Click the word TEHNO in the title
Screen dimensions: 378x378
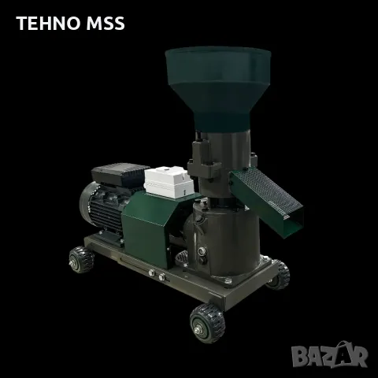tap(48, 23)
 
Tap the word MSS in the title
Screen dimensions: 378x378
tap(106, 23)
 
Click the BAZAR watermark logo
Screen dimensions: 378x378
tap(330, 355)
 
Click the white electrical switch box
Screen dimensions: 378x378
tap(169, 182)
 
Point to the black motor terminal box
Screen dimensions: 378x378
tap(120, 174)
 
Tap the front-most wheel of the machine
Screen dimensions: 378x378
tap(207, 324)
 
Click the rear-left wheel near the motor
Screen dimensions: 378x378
tap(81, 260)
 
